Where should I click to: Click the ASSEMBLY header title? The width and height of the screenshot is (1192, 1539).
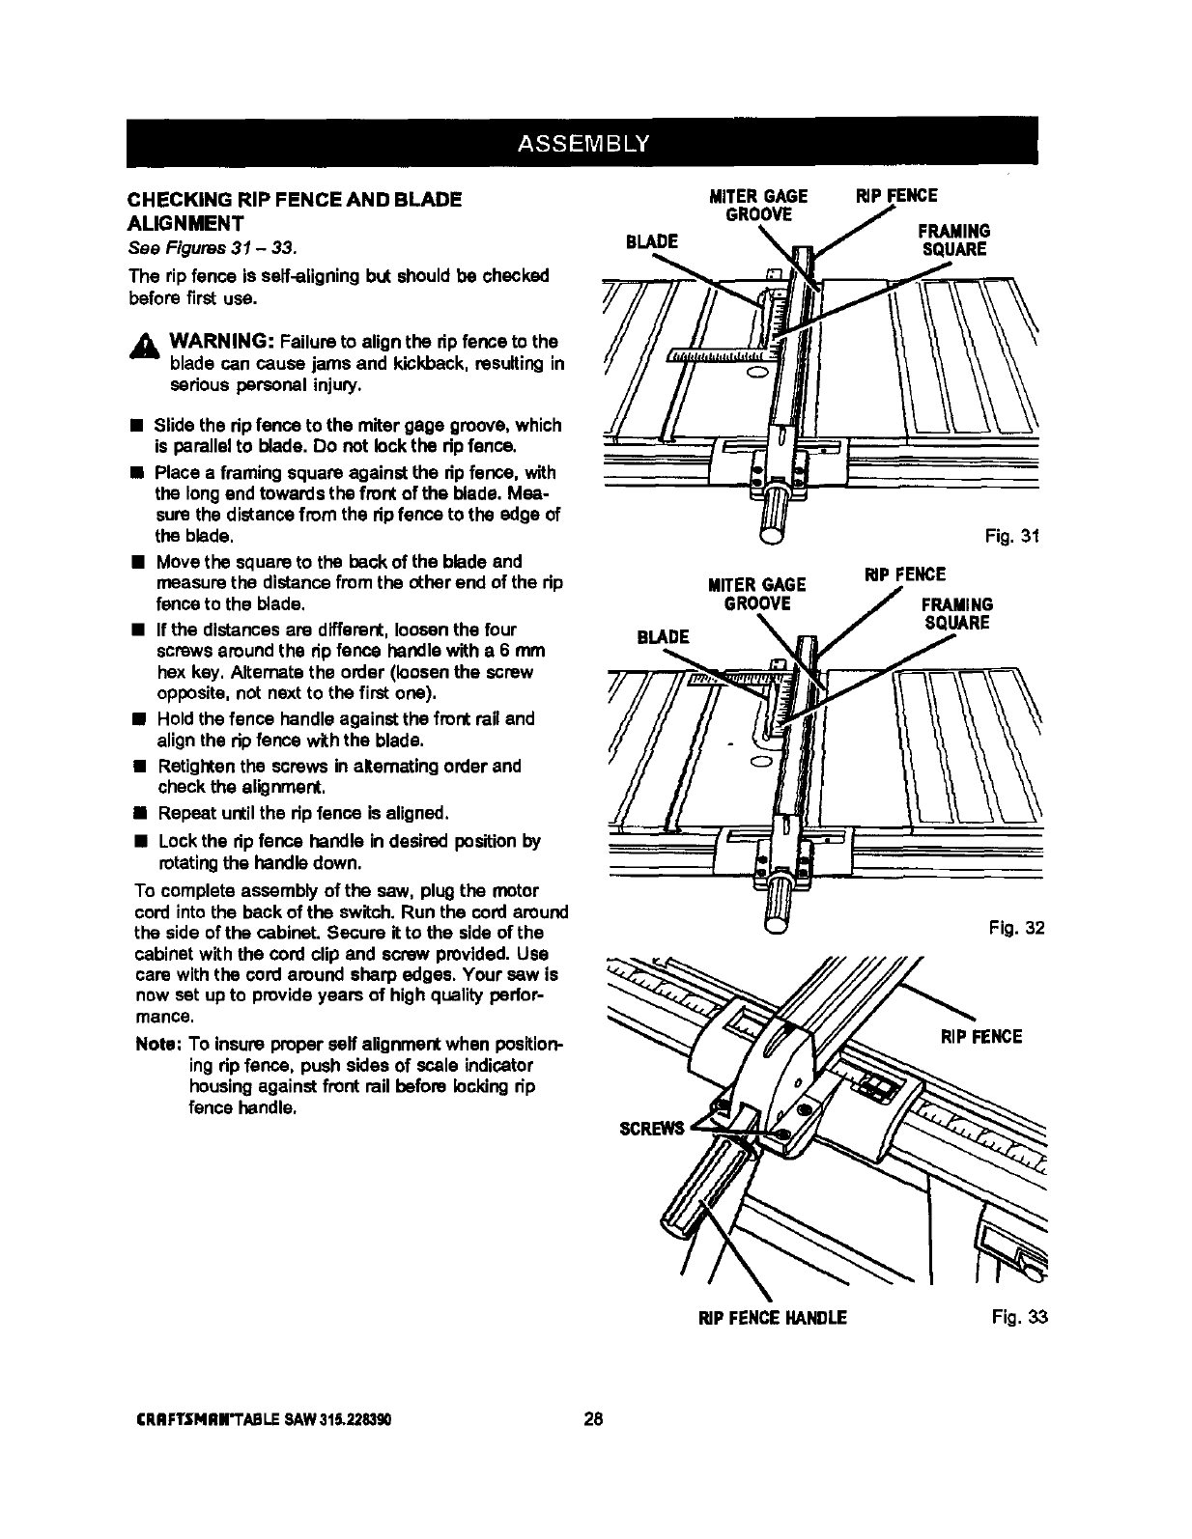point(584,145)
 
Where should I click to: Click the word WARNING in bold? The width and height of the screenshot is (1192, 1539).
point(224,342)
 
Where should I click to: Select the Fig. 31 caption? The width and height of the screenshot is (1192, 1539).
point(1012,537)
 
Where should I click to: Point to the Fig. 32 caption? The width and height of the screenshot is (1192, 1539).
point(1016,929)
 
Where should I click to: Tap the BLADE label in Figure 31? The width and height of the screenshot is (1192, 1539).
point(651,240)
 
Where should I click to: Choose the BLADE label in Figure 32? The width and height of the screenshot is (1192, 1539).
point(663,636)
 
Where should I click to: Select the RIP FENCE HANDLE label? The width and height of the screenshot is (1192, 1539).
point(773,1318)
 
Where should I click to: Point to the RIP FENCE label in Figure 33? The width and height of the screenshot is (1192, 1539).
point(981,1037)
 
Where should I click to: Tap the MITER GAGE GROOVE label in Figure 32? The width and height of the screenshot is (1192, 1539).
point(757,594)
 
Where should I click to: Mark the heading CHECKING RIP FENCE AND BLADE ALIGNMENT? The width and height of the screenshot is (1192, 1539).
point(295,211)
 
